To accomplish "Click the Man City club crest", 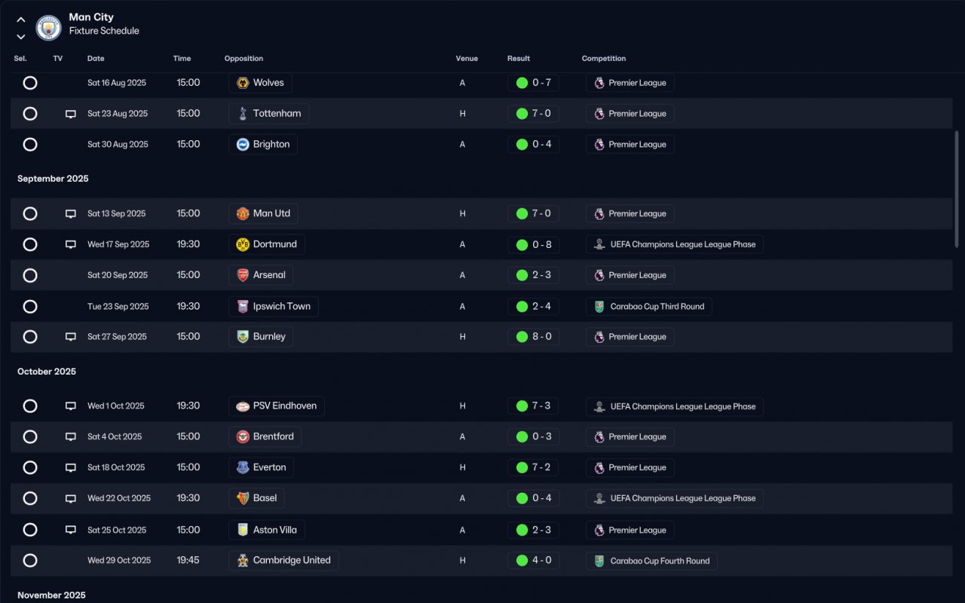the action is (48, 28).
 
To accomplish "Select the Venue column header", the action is (467, 59).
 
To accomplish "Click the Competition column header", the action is (604, 59).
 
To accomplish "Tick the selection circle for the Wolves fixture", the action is (30, 83).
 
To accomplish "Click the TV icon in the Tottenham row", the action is (71, 114).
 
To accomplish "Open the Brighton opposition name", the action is (271, 144).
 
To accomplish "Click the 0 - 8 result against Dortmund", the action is (541, 245).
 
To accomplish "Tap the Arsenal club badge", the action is (243, 275).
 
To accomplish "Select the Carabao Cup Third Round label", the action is (657, 307).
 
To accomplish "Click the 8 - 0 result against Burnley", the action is (541, 336).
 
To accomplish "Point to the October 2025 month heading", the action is (47, 372).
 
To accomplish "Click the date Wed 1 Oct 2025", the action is (116, 406).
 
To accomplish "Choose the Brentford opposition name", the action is (273, 436).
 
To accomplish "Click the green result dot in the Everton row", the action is (522, 467).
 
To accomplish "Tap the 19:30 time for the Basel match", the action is (188, 498).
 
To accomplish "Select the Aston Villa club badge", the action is (243, 530).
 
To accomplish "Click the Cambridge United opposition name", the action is (292, 560).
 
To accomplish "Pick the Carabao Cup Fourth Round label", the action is (660, 561).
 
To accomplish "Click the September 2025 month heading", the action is (53, 179).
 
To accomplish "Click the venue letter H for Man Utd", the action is (462, 213).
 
